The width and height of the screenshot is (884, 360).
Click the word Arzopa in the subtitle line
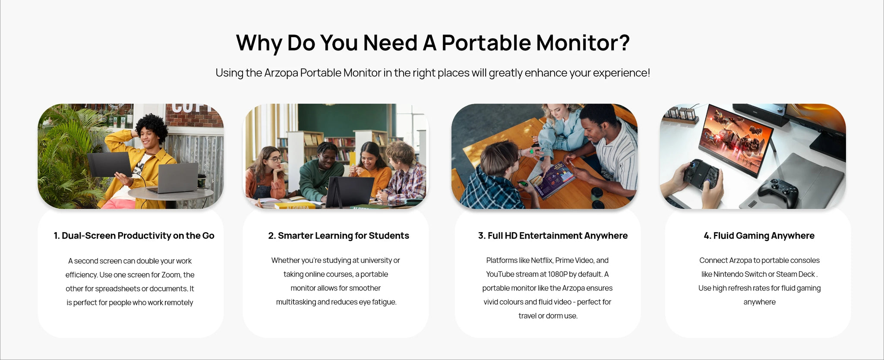coord(281,73)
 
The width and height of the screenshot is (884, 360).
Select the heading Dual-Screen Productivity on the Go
coord(134,236)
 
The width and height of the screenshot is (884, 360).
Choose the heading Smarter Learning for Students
coord(338,236)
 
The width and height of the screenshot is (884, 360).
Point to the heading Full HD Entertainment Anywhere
coord(552,236)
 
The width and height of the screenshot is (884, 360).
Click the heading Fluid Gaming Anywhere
coord(759,236)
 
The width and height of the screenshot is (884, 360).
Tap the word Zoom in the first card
coord(171,275)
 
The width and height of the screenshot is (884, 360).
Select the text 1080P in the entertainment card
coord(558,274)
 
